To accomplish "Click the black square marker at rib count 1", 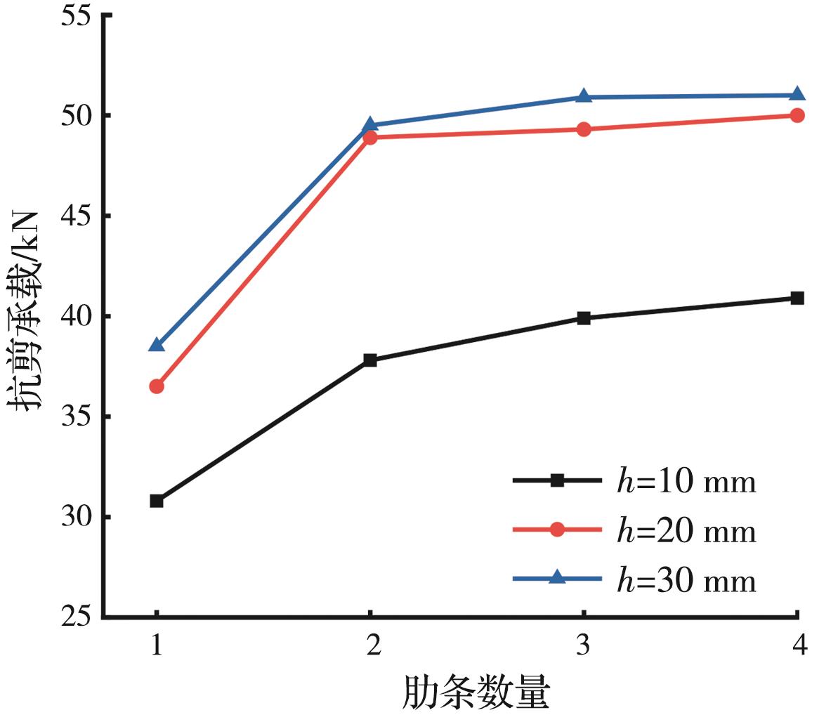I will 157,501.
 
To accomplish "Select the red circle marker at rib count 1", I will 157,386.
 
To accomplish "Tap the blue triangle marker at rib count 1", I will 157,345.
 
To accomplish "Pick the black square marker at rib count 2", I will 370,360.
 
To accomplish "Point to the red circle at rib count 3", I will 584,129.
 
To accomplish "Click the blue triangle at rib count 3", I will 584,96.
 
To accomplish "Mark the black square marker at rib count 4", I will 797,298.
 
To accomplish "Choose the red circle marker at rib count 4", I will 797,115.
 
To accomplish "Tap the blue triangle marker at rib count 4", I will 797,94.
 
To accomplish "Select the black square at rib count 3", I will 584,318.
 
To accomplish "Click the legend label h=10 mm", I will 686,482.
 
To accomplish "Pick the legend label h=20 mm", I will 686,531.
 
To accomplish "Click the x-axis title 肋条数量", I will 476,693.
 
